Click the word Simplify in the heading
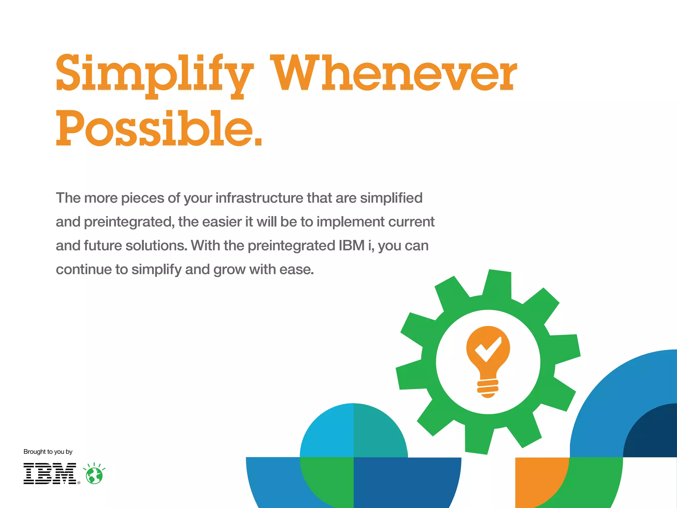coord(154,74)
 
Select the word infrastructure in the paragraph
coord(259,198)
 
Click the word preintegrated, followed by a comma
coord(129,222)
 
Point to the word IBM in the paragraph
coord(351,246)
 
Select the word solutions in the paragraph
coord(156,246)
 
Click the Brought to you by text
coord(48,452)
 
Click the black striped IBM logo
coord(50,474)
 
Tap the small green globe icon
coord(94,476)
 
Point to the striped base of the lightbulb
coord(488,388)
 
